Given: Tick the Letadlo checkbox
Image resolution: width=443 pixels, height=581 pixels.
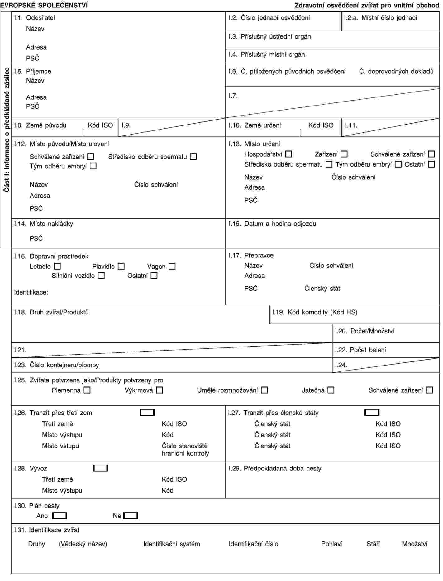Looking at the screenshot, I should pos(57,267).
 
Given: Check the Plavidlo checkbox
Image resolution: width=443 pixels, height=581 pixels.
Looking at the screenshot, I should pos(121,267).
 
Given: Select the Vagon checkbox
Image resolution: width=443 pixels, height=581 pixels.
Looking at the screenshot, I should pos(172,267).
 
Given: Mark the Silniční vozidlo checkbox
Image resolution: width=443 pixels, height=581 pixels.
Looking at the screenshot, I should pos(101,276).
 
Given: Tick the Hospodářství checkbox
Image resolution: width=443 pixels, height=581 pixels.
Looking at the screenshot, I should pos(288,154).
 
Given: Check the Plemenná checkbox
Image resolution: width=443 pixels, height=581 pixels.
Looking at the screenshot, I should pos(87,390).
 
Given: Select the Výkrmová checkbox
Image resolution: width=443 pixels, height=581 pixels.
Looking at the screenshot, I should pos(160,390).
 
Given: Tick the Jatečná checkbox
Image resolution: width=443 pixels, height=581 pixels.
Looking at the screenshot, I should pos(331,390).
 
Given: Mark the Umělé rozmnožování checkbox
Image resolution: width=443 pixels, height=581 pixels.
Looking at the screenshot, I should pos(264,390).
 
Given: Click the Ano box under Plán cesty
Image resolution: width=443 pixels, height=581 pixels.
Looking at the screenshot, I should pos(60,516).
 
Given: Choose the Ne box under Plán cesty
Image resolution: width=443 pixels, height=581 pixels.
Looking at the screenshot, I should pos(131,516).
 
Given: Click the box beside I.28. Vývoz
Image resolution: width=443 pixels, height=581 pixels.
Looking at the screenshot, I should pos(100,468).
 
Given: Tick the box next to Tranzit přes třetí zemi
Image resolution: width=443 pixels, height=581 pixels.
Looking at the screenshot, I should pos(147,413).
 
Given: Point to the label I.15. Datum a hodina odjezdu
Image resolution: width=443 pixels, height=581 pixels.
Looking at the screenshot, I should pos(272,224).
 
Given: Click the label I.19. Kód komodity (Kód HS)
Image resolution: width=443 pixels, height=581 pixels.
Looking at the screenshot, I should pos(315,312).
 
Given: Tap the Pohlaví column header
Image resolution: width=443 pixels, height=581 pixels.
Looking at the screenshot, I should pos(331,544).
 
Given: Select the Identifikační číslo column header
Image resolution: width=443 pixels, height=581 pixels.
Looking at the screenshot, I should pos(253,544).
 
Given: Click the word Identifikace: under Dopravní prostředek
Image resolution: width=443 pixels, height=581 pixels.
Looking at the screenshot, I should pos(31,292).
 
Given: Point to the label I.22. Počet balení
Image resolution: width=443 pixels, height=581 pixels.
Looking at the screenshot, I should pos(360,350).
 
